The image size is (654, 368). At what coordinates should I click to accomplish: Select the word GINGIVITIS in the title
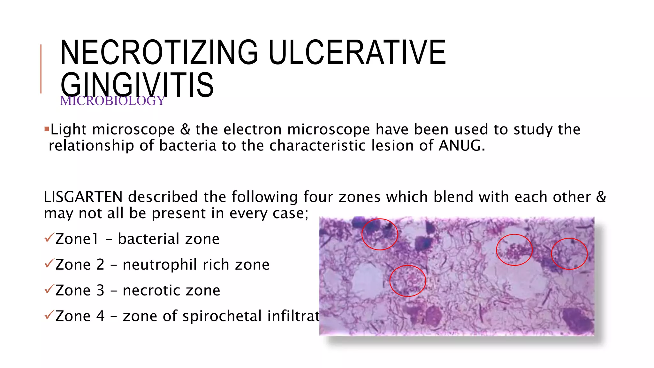(x=137, y=85)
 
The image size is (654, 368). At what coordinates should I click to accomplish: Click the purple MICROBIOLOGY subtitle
(x=112, y=101)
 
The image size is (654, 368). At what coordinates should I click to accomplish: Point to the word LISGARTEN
(x=83, y=197)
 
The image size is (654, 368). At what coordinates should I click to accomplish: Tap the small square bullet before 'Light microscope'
(x=47, y=129)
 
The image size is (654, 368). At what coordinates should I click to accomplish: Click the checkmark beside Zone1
(x=49, y=238)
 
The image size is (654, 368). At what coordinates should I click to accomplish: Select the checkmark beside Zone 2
(x=49, y=264)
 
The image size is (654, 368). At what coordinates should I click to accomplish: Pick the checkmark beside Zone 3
(x=49, y=289)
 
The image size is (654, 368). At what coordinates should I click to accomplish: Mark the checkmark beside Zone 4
(x=49, y=315)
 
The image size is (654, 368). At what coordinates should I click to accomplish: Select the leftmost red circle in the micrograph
(x=380, y=234)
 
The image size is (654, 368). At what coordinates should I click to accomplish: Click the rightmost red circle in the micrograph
(x=569, y=254)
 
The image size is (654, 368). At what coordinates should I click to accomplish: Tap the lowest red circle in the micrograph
(x=408, y=281)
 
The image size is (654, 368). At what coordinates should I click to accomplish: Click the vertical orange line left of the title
(x=41, y=69)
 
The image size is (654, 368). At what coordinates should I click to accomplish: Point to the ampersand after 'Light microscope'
(x=185, y=129)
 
